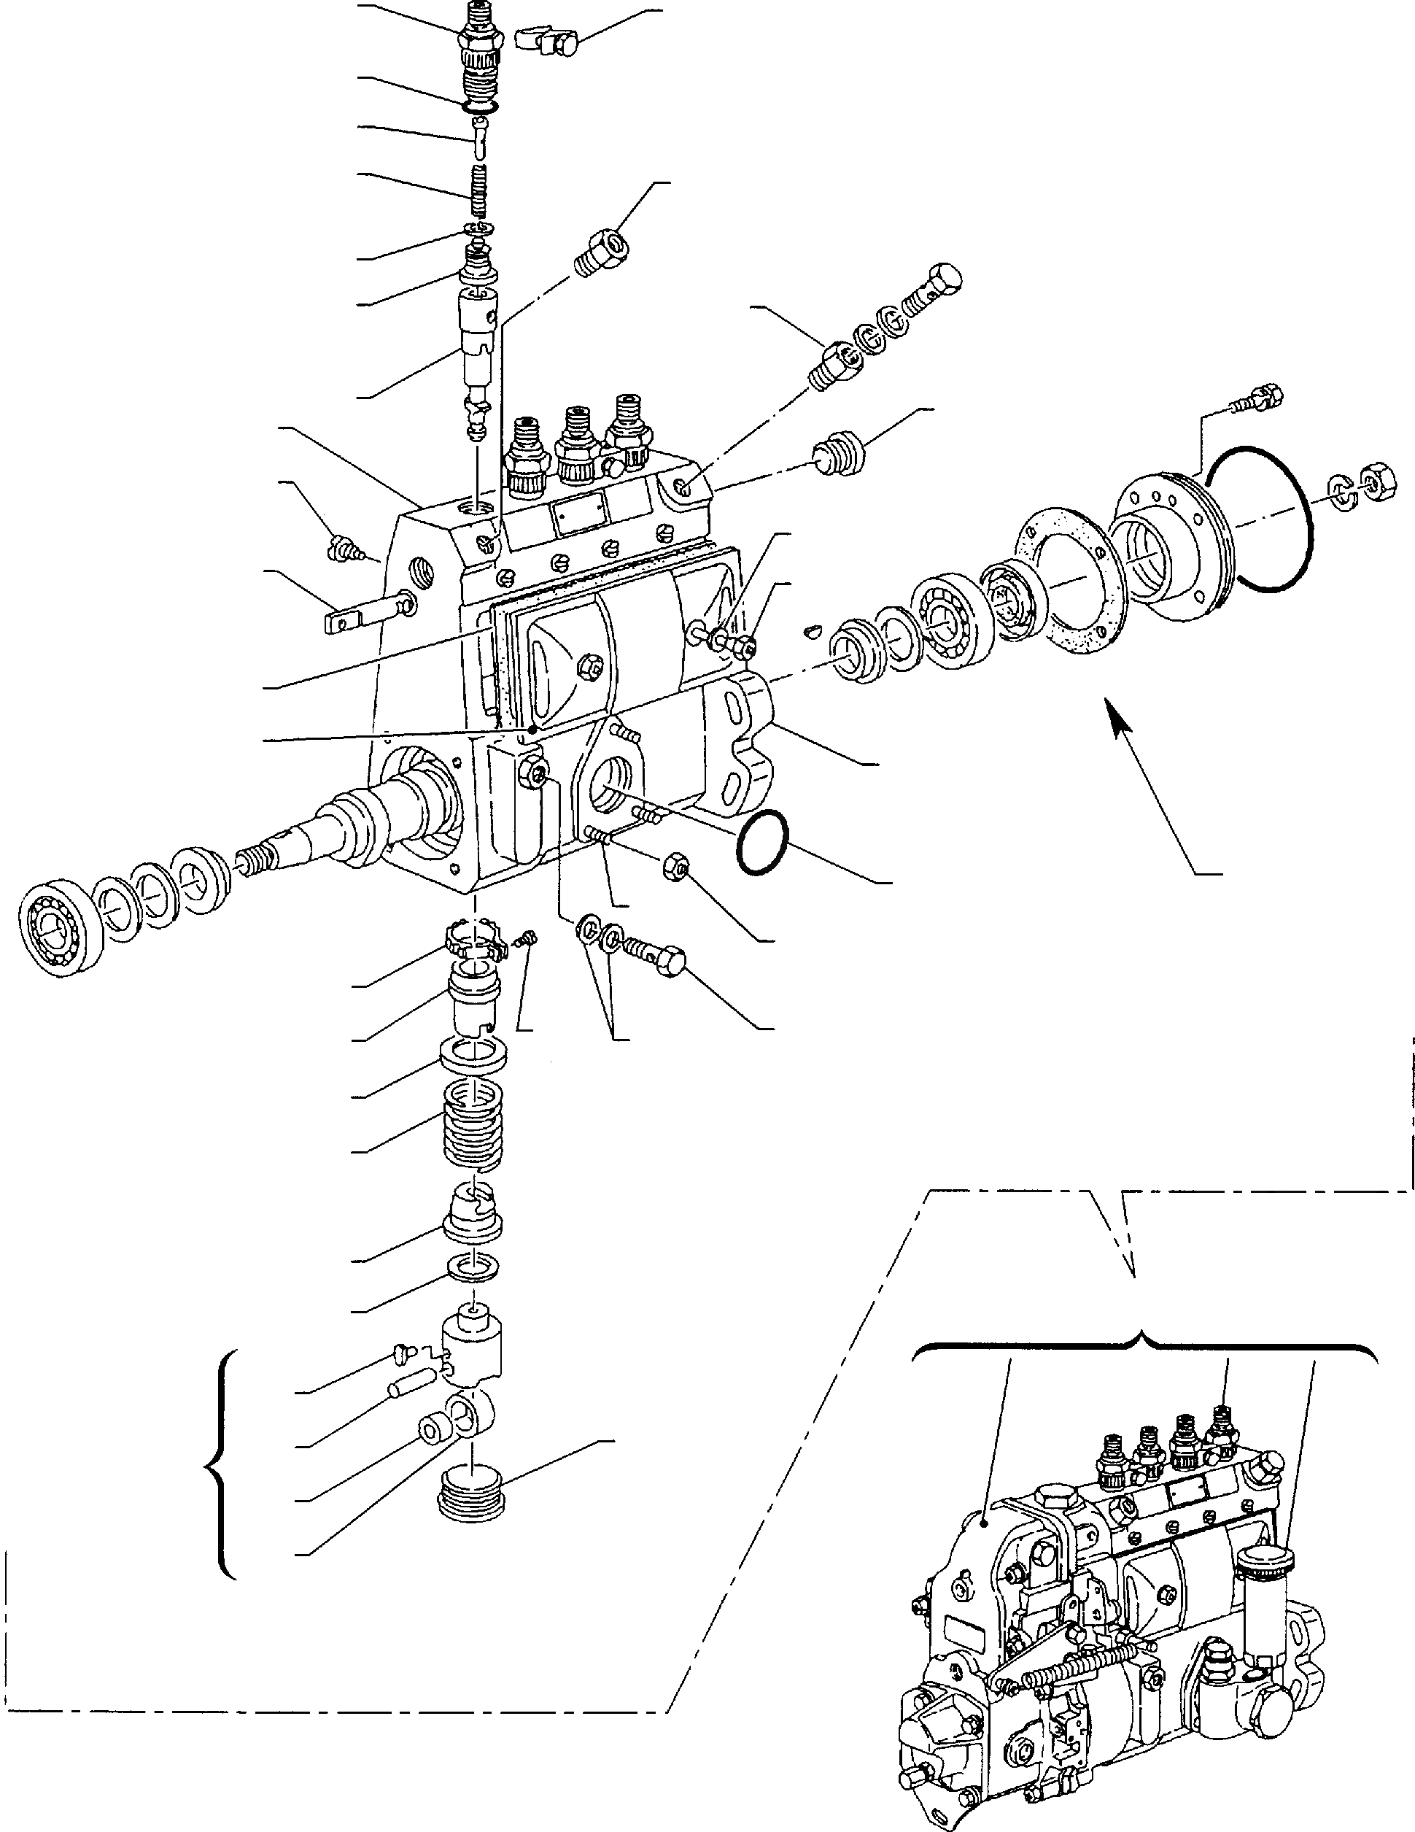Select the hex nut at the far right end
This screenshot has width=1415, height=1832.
click(x=1377, y=483)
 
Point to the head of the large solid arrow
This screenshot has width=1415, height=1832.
click(x=1113, y=706)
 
